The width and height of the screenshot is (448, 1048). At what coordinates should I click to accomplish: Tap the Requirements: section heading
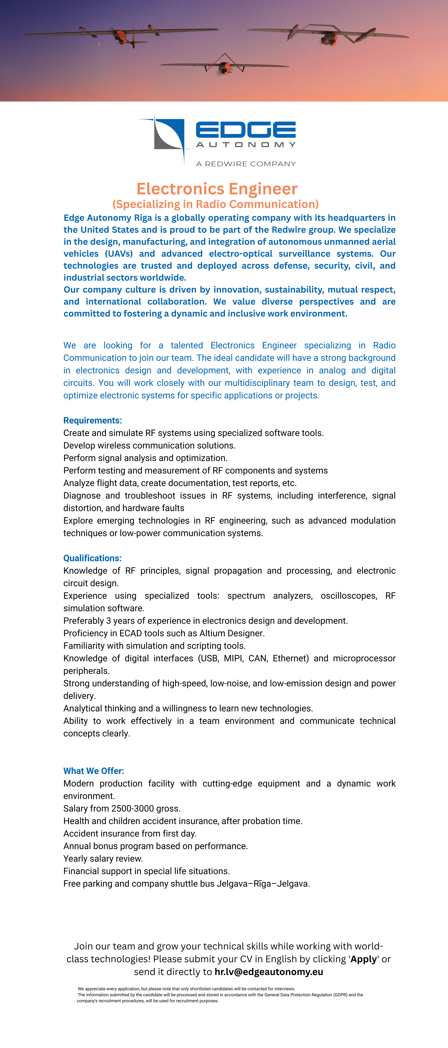[92, 420]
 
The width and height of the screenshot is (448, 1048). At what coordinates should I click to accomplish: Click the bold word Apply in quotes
[363, 959]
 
